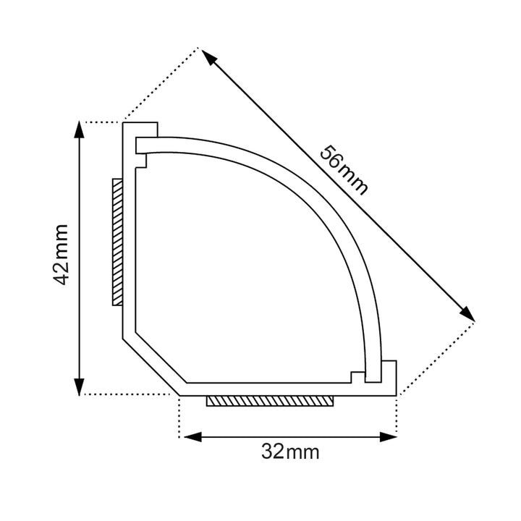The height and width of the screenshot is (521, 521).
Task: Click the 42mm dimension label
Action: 61,255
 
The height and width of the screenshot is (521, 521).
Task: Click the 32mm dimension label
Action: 290,452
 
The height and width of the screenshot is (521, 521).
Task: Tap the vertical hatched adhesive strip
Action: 117,242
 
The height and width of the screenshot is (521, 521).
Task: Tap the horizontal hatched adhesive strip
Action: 270,401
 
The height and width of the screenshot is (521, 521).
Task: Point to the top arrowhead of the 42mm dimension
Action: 79,129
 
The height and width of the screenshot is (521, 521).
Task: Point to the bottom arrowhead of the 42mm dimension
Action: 79,387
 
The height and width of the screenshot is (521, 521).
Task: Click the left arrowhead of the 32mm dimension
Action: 192,437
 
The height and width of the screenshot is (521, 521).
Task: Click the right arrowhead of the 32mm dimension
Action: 388,437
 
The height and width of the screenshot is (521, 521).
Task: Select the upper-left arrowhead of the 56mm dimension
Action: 208,57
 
